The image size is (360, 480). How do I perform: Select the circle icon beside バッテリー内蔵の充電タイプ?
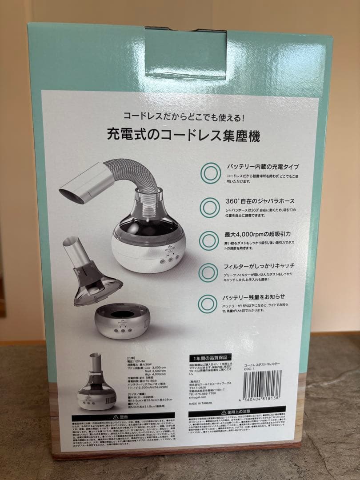coord(210,173)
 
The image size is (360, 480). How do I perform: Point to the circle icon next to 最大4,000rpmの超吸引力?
coord(210,240)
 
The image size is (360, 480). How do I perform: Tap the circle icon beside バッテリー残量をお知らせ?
coord(210,304)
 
